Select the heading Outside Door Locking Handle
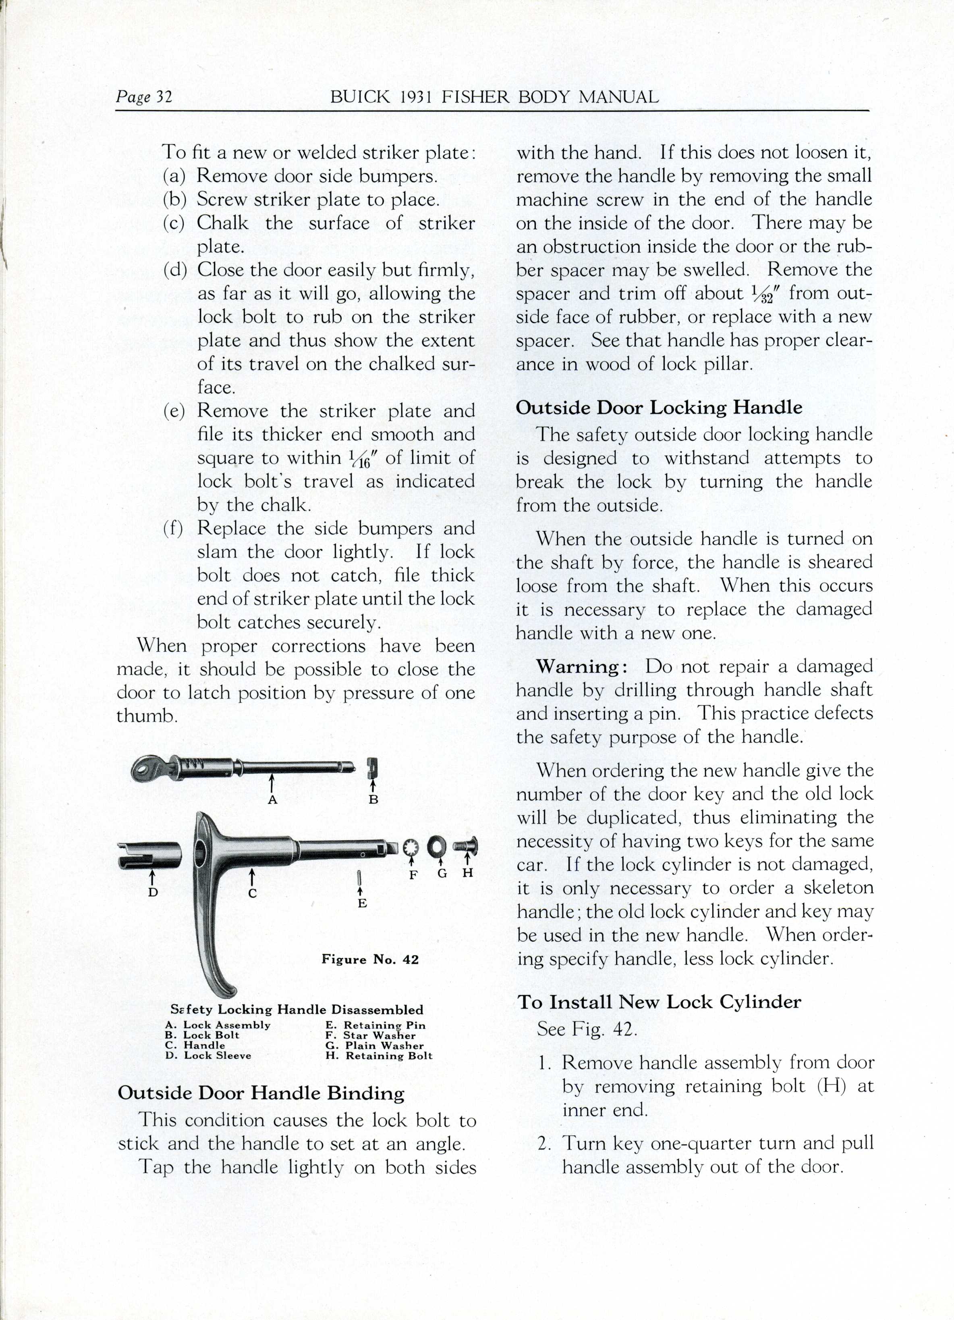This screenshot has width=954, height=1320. coord(658,407)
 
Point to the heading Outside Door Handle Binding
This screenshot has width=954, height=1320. coord(261,1093)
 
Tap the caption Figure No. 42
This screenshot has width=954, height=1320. coord(370,960)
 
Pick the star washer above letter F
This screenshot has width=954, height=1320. coord(412,847)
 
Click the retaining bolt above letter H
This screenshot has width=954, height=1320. coord(467,845)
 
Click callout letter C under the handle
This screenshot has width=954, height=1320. coord(253,894)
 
